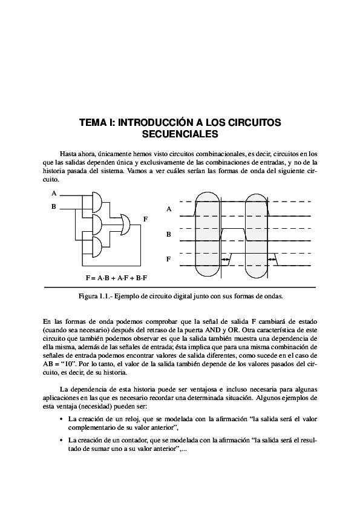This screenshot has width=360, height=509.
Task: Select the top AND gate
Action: pyautogui.click(x=96, y=202)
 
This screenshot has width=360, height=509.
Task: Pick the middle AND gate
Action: pyautogui.click(x=96, y=224)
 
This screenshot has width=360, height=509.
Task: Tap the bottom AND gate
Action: pyautogui.click(x=96, y=246)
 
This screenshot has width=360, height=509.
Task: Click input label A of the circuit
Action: pyautogui.click(x=54, y=194)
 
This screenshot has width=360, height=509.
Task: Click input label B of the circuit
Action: pyautogui.click(x=54, y=206)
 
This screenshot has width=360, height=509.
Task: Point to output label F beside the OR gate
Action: pyautogui.click(x=145, y=219)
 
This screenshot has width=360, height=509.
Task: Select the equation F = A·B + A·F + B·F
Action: pyautogui.click(x=116, y=278)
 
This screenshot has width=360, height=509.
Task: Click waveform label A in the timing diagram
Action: pyautogui.click(x=169, y=209)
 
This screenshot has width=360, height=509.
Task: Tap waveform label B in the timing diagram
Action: pyautogui.click(x=169, y=234)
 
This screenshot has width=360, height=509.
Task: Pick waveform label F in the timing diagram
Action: pyautogui.click(x=169, y=259)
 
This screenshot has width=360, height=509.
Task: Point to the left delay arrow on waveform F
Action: pyautogui.click(x=226, y=259)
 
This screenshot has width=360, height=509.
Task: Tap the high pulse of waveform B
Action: pyautogui.click(x=234, y=229)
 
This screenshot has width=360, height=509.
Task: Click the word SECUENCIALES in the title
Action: pyautogui.click(x=180, y=134)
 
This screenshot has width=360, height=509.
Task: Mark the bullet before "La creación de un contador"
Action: pyautogui.click(x=61, y=440)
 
